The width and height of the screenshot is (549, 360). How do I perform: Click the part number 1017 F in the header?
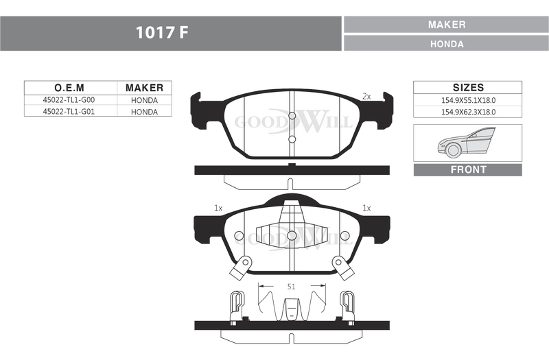pyautogui.click(x=162, y=33)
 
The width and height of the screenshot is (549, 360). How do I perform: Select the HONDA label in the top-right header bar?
pyautogui.click(x=447, y=44)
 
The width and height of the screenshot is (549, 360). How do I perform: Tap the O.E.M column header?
pyautogui.click(x=69, y=88)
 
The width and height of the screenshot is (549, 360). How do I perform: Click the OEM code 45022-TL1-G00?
pyautogui.click(x=69, y=100)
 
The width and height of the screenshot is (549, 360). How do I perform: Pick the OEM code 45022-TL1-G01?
pyautogui.click(x=69, y=112)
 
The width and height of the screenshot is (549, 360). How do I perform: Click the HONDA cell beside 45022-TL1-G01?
pyautogui.click(x=144, y=112)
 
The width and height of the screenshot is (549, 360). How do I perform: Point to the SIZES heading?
pyautogui.click(x=468, y=88)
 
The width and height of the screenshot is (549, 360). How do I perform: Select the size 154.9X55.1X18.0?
pyautogui.click(x=468, y=100)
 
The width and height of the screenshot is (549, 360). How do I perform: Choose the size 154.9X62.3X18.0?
pyautogui.click(x=468, y=112)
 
